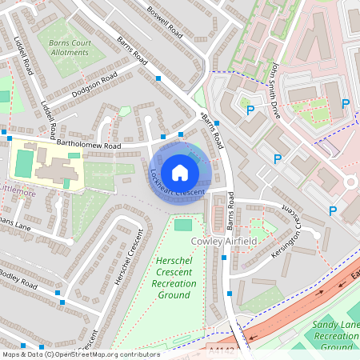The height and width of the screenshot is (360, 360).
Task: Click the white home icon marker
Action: click(180, 172)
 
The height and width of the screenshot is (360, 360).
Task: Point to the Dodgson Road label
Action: click(96, 83)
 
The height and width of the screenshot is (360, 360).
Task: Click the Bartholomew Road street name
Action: click(88, 146)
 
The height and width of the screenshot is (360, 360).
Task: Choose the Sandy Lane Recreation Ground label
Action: click(335, 336)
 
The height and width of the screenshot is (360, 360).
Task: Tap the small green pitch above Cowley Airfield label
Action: click(183, 225)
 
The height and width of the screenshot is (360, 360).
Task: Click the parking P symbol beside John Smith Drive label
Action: click(250, 110)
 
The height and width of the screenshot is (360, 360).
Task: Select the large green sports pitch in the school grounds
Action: click(24, 164)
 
